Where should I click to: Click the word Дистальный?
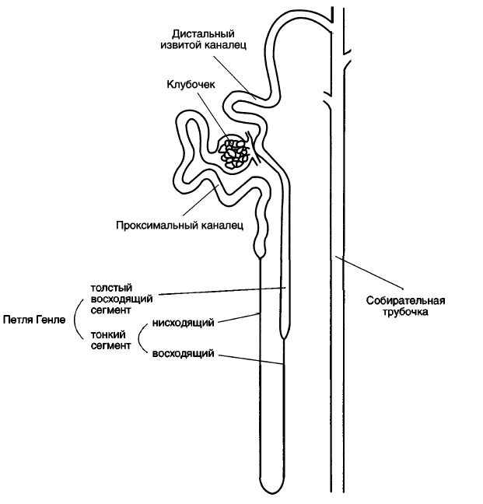pos(203,34)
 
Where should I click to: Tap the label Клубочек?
pos(191,84)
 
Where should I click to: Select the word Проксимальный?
pos(157,226)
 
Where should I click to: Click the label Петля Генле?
pos(34,320)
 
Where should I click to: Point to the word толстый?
pos(111,288)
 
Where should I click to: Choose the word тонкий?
pos(107,334)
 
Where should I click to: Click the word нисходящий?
pos(184,323)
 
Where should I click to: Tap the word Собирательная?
pos(405,301)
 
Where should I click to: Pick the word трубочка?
pos(405,312)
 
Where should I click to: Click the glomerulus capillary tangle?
pos(233,154)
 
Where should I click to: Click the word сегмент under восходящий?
pos(111,310)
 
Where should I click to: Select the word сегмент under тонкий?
pos(111,346)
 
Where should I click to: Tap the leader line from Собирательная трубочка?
pos(369,271)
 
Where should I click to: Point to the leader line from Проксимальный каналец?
pos(201,200)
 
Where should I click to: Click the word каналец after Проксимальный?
pos(222,226)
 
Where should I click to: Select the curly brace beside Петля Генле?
pos(78,320)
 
